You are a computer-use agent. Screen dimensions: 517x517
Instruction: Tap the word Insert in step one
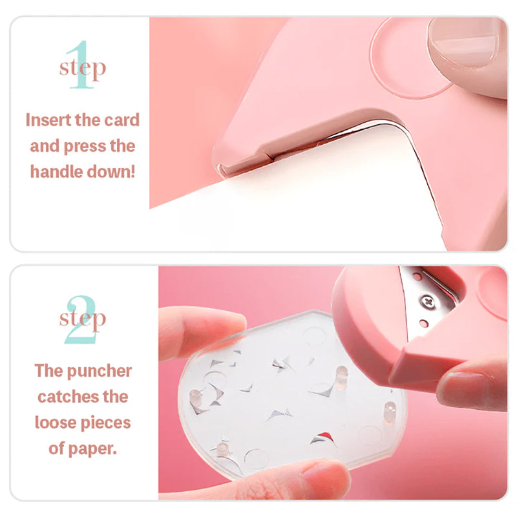click(48, 120)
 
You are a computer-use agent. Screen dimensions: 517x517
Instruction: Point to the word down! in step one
click(111, 171)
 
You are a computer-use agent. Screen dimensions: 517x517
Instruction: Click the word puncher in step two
click(100, 371)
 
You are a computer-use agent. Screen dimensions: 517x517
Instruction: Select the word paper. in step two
click(92, 449)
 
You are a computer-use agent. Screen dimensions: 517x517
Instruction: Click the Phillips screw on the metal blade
click(428, 301)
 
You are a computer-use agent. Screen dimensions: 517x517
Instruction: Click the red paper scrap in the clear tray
click(325, 437)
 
